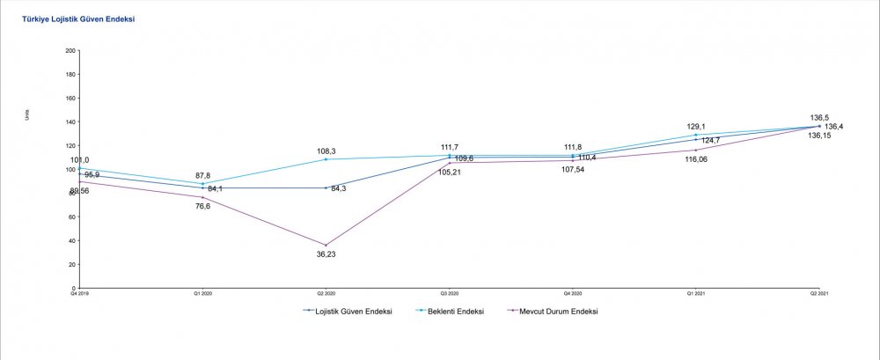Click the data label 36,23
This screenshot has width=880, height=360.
click(x=326, y=254)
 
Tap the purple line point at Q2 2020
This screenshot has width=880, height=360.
click(x=326, y=245)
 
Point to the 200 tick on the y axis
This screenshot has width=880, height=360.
click(x=70, y=51)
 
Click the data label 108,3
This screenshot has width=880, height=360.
click(x=326, y=151)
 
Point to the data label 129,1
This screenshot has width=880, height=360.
click(x=696, y=126)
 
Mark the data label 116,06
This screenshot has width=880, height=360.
click(x=696, y=159)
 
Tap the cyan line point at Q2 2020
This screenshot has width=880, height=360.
click(x=326, y=159)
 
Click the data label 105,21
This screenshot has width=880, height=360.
click(x=450, y=173)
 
